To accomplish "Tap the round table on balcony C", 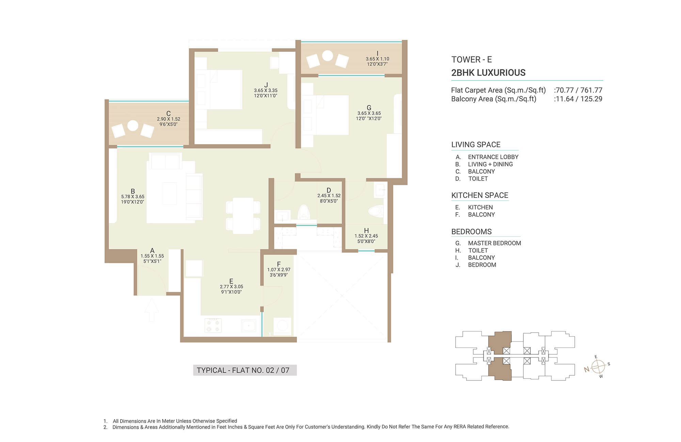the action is [x=133, y=125].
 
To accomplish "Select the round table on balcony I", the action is [x=328, y=56].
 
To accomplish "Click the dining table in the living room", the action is [x=243, y=216].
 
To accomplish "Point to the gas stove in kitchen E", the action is [x=213, y=325].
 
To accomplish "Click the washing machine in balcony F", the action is [x=282, y=326].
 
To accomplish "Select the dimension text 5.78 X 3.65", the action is [x=133, y=197].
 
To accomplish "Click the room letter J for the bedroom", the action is [x=266, y=85].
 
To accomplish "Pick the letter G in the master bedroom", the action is [x=369, y=108].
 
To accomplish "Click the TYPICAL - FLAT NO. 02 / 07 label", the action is [x=243, y=370].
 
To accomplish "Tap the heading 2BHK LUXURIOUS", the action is [x=488, y=73].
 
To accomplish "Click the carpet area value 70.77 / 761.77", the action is [x=579, y=90].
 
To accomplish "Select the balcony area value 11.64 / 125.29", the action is [x=579, y=99].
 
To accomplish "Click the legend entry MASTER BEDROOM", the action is [x=494, y=243].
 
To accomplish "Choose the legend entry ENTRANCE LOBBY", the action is [x=493, y=157].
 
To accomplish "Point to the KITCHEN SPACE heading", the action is [x=480, y=195].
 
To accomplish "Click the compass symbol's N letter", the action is [x=587, y=370].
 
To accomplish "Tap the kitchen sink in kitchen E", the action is [x=249, y=326].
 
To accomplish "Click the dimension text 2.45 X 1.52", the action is [x=329, y=195].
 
